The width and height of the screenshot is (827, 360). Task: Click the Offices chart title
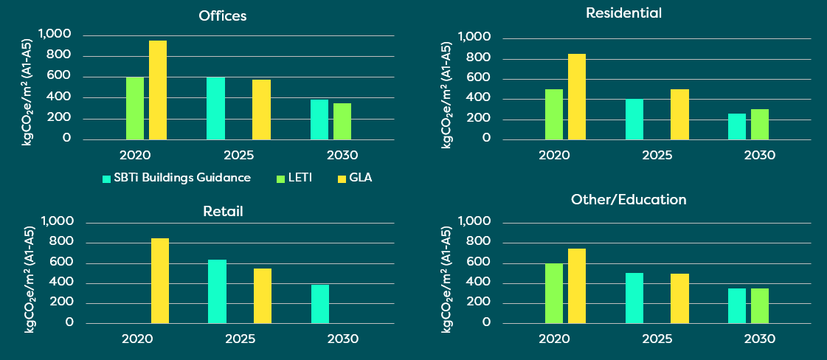tap(222, 15)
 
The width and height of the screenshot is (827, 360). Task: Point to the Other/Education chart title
tap(629, 199)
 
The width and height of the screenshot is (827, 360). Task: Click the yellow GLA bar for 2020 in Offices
tap(158, 89)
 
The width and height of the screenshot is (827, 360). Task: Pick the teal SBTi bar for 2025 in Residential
tap(634, 119)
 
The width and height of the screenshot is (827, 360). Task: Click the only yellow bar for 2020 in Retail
tap(160, 280)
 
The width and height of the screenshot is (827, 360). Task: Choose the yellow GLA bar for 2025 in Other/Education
tap(679, 298)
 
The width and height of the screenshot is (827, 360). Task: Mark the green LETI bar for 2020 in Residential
tap(554, 114)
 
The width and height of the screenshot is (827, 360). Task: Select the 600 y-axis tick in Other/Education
tap(476, 263)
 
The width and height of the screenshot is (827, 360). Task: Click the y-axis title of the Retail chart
tap(30, 280)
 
